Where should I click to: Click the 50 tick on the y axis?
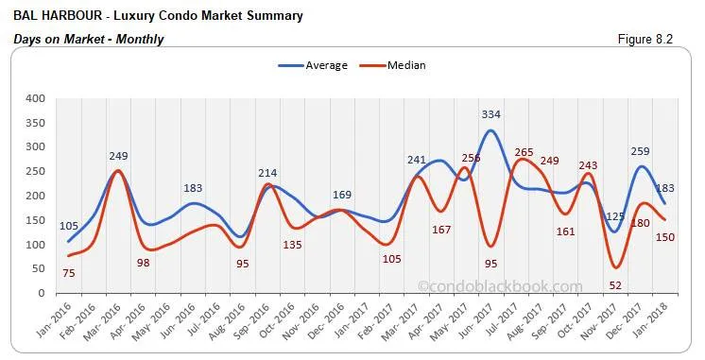(x=38, y=269)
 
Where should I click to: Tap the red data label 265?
(x=524, y=151)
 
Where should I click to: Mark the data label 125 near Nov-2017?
(x=613, y=216)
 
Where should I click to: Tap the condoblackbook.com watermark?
(x=500, y=285)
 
